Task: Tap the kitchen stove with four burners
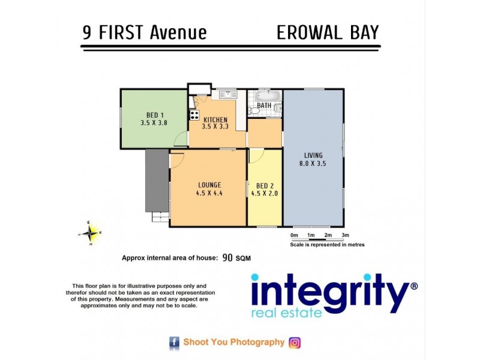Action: [x=194, y=115]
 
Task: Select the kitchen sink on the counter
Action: [x=227, y=94]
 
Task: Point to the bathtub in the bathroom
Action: [x=265, y=95]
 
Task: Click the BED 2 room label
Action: [x=265, y=185]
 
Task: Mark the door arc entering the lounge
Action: [x=176, y=160]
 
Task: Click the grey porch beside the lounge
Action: [x=157, y=180]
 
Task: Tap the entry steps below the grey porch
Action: [x=160, y=217]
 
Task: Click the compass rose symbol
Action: [x=91, y=232]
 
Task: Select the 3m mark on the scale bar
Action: [x=345, y=235]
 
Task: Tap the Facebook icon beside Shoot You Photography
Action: [x=174, y=343]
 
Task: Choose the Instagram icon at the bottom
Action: [x=295, y=343]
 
